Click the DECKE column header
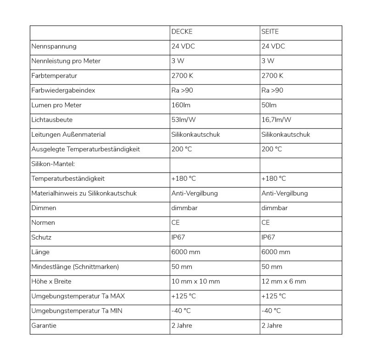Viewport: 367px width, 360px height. pos(182,32)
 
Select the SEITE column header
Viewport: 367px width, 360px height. pos(270,32)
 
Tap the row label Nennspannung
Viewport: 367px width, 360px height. pos(54,46)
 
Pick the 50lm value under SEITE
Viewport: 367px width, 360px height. pos(269,105)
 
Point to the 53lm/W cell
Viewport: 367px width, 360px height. pos(183,120)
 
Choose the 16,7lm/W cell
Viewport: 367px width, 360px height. pos(276,120)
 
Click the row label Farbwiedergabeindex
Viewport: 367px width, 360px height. pos(63,90)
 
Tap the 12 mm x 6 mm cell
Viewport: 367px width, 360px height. pos(284,281)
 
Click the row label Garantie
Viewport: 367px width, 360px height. pos(44,326)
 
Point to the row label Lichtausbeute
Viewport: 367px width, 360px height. pos(52,120)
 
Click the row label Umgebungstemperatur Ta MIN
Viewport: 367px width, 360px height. pos(77,311)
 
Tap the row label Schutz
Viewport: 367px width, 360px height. pos(42,237)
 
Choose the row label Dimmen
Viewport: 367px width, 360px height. pos(44,208)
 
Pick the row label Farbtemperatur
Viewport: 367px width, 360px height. pos(54,76)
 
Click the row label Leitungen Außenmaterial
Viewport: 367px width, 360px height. pos(68,134)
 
